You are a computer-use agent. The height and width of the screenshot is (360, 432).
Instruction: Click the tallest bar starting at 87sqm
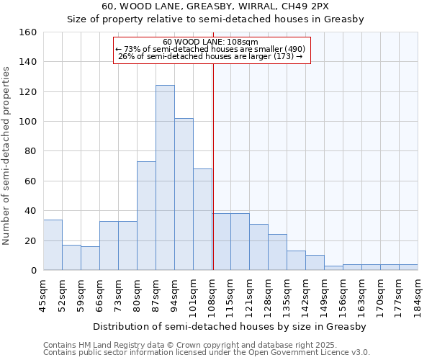pos(165,178)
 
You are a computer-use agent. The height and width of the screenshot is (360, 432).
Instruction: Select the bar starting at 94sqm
pos(184,194)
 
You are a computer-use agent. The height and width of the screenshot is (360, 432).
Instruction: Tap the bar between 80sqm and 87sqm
pos(146,216)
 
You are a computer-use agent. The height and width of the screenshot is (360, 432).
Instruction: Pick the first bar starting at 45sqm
pos(53,245)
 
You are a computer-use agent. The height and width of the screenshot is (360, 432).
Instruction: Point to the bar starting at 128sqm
pos(277,252)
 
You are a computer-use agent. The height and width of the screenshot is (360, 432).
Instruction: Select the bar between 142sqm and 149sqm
pos(315,263)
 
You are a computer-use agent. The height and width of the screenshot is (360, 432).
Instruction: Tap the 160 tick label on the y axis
pos(27,32)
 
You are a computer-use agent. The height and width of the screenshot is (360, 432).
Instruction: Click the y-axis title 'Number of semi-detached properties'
pos(7,151)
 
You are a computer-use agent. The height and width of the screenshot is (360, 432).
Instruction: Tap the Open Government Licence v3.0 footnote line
pos(206,352)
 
